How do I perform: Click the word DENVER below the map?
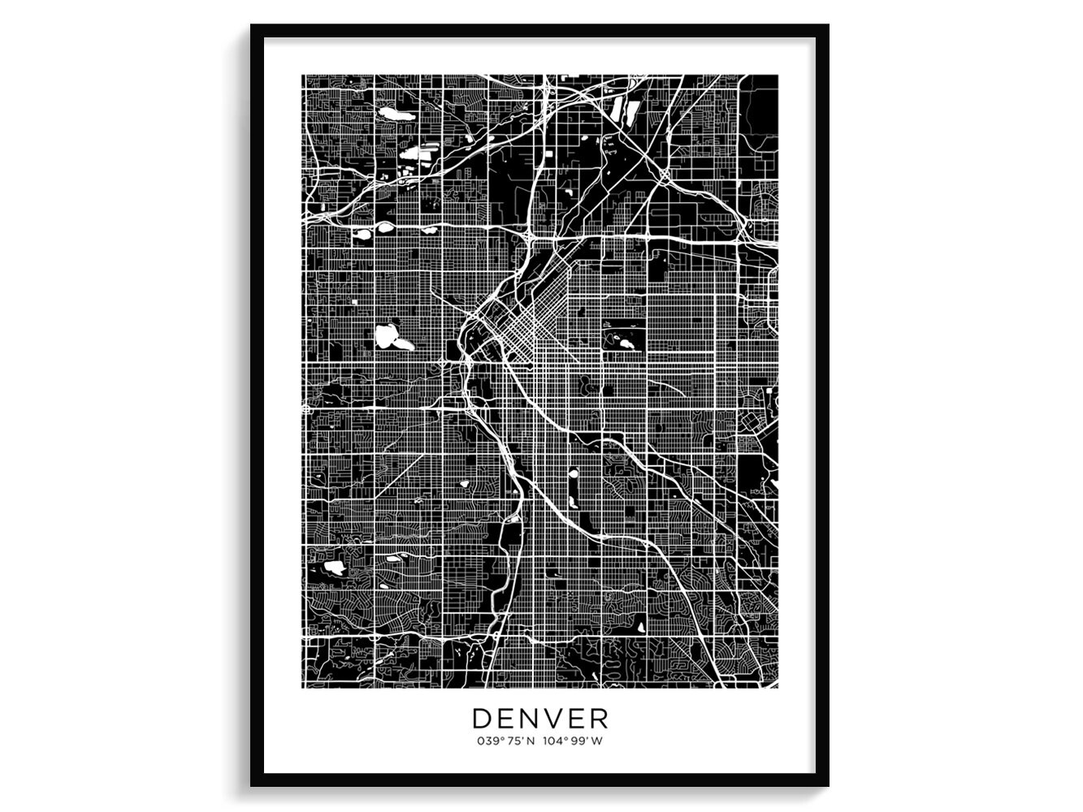(540, 718)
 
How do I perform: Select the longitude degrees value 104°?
(556, 741)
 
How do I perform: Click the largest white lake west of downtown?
(391, 336)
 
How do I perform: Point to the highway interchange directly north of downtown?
(527, 235)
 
